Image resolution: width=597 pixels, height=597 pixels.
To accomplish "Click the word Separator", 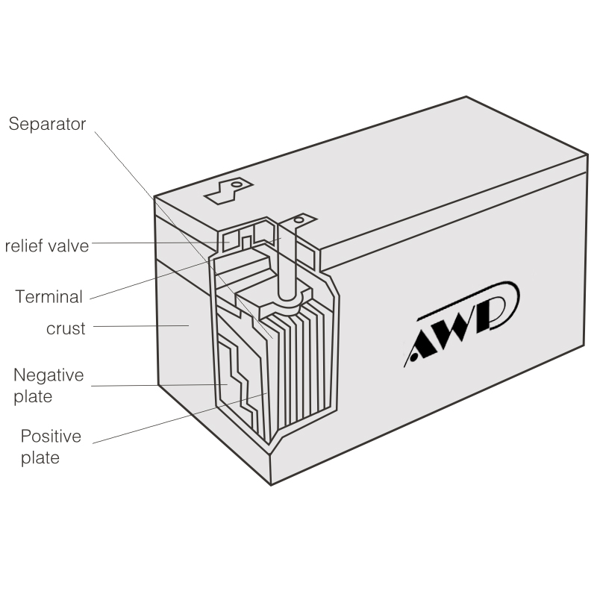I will (47, 124).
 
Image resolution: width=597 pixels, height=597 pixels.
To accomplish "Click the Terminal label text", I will (49, 297).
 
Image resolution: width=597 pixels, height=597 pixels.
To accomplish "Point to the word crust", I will (66, 328).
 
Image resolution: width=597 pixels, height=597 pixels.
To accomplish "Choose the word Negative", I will (49, 375).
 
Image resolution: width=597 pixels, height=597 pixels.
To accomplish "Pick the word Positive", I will (50, 437).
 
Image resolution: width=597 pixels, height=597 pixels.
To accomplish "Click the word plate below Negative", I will (33, 396).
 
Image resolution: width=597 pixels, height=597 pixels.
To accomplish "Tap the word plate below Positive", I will (40, 457).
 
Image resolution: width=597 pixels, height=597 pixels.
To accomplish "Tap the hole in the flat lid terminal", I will (237, 183).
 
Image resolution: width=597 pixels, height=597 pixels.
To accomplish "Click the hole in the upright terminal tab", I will (300, 220).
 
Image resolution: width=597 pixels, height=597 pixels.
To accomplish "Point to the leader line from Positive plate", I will (179, 418).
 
